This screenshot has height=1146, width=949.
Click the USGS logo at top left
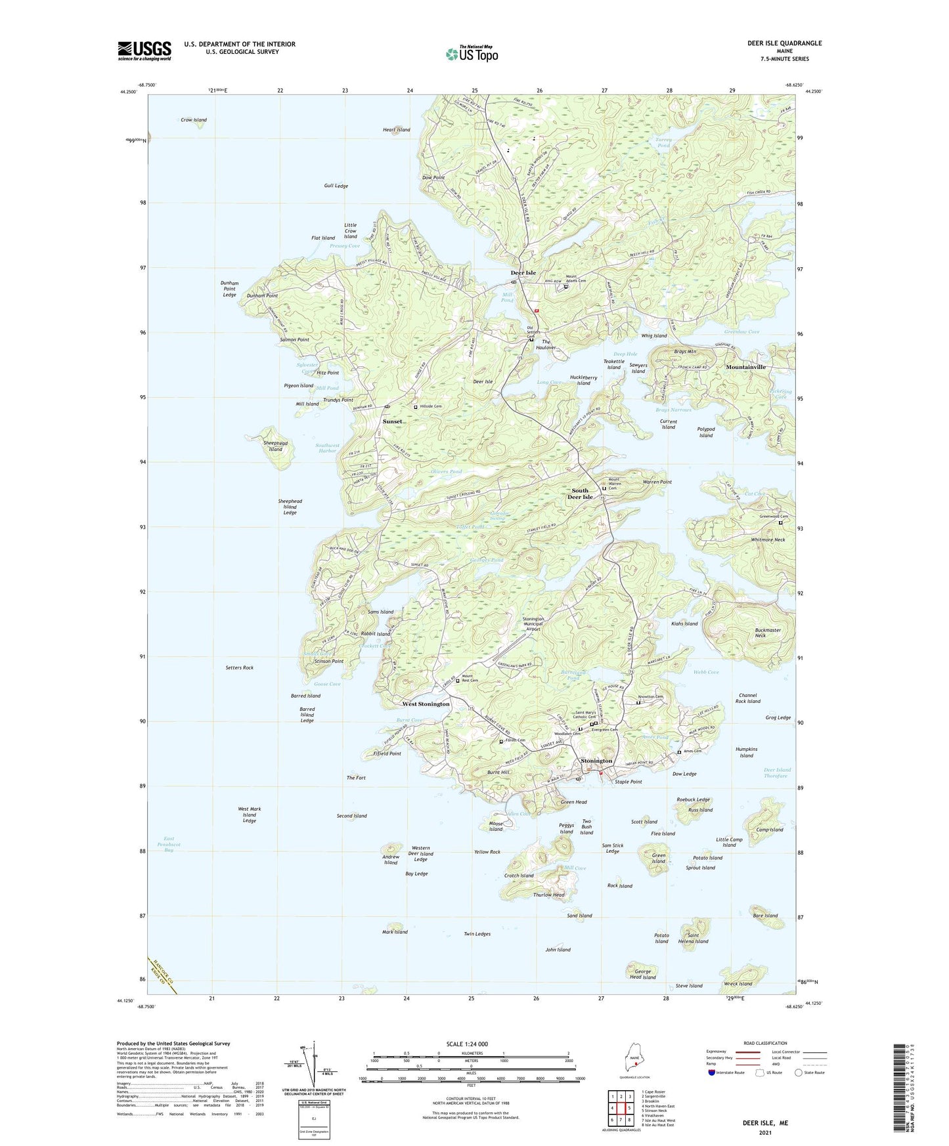[x=144, y=51]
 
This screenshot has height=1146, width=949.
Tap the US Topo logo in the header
[x=472, y=54]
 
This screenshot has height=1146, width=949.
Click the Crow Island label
[x=194, y=120]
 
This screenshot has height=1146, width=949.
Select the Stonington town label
[x=596, y=761]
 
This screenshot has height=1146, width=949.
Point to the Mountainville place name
[x=745, y=367]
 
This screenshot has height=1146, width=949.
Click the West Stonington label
[x=426, y=704]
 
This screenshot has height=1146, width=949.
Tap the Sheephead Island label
[x=275, y=446]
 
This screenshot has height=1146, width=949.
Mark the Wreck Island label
[x=737, y=984]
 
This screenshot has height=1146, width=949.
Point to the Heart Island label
[x=396, y=130]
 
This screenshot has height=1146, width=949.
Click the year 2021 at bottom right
[x=764, y=1132]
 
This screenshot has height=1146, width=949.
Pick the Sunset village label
[x=392, y=421]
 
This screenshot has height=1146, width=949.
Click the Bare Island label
[x=765, y=916]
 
